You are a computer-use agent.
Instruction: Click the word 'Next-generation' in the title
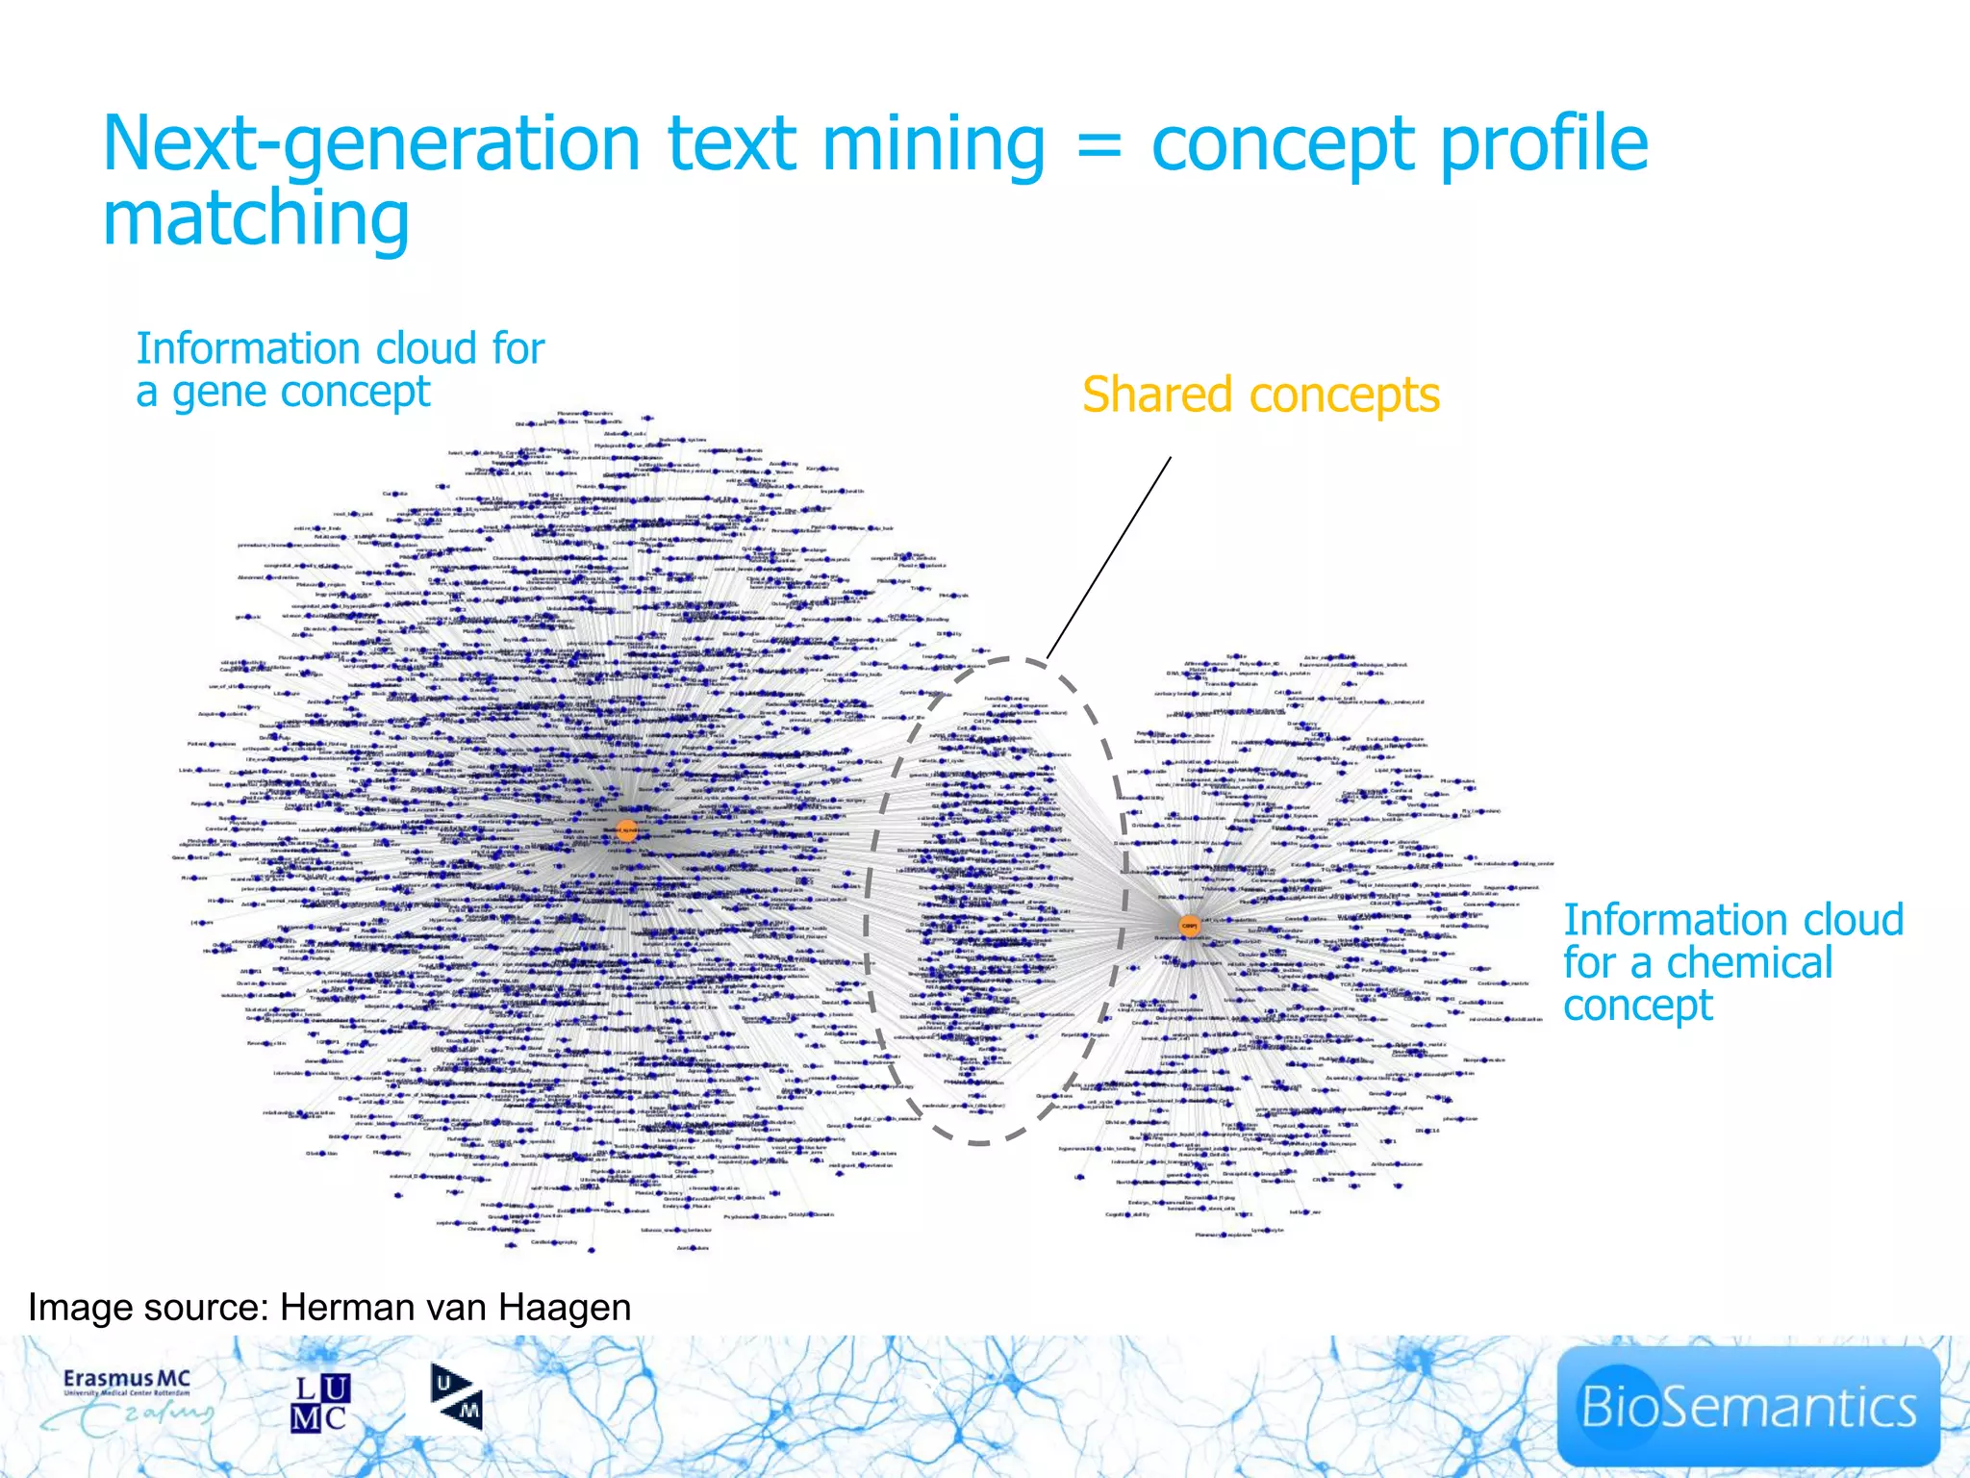[x=370, y=144]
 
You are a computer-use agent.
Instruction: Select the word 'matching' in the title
[x=256, y=219]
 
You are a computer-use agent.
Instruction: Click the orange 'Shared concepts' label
[x=1260, y=395]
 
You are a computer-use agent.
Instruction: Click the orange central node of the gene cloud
[x=626, y=830]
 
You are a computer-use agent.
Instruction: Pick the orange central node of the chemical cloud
[x=1190, y=926]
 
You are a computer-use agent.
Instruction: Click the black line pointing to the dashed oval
[x=1108, y=558]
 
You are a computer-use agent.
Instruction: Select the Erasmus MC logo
[x=130, y=1401]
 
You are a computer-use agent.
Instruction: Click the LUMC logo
[x=320, y=1403]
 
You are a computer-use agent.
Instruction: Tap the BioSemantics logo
[x=1747, y=1406]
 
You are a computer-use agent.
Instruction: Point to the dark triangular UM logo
[x=456, y=1397]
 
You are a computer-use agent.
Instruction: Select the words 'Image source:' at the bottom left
[x=148, y=1308]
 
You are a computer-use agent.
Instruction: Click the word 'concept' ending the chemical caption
[x=1637, y=1006]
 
